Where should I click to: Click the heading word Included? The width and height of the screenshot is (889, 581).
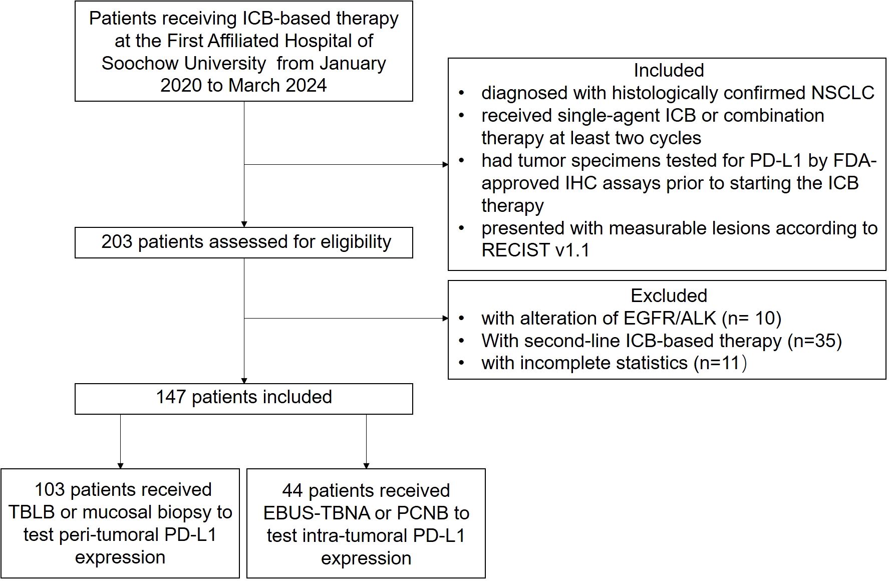click(669, 71)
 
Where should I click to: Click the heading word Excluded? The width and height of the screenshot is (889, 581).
click(669, 296)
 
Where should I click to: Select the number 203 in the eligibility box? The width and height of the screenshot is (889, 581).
click(117, 242)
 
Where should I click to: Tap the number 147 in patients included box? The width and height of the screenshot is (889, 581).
click(171, 397)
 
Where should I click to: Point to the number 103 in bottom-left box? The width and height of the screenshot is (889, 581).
click(50, 490)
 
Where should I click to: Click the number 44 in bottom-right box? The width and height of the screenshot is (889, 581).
click(292, 491)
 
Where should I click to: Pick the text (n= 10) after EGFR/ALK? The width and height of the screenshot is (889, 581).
click(752, 318)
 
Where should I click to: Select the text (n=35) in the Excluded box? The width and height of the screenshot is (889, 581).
click(814, 341)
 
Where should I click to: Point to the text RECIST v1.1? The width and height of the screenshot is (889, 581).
click(535, 250)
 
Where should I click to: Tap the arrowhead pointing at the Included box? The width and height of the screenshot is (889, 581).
click(445, 164)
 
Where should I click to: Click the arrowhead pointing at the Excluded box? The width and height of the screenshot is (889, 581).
click(445, 318)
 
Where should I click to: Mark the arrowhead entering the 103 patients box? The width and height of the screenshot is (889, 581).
click(120, 465)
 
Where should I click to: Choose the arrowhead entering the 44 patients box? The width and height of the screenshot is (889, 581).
click(366, 465)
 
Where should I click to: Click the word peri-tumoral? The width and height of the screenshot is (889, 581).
click(104, 535)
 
